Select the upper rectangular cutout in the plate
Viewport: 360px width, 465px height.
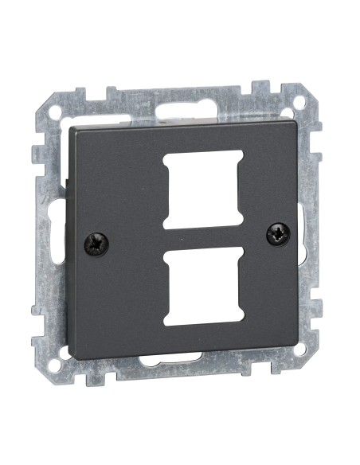(202, 189)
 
